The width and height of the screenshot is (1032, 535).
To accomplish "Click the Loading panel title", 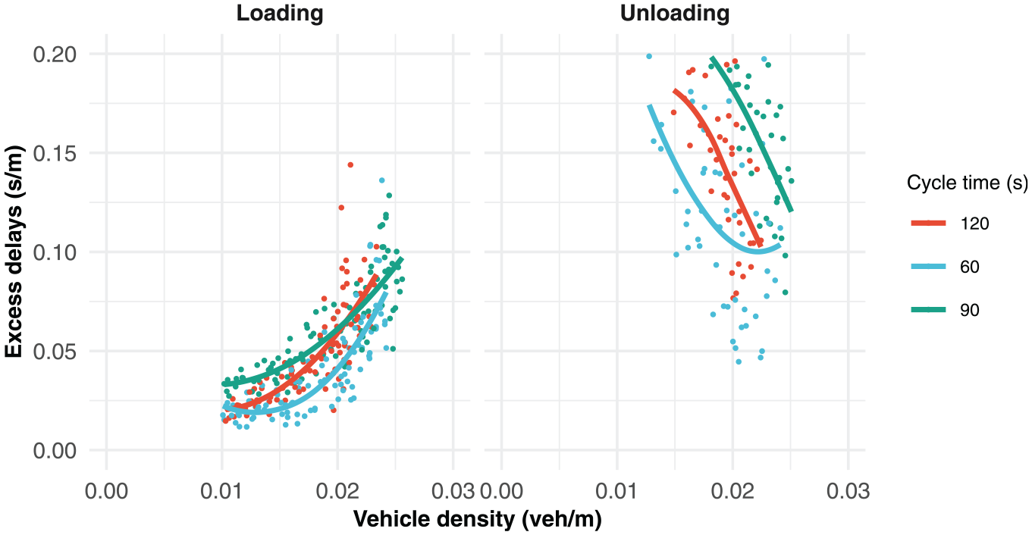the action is [x=280, y=14].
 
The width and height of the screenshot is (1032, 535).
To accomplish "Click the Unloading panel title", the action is [x=675, y=14].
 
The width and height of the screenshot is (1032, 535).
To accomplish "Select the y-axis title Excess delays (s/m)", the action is [x=14, y=252].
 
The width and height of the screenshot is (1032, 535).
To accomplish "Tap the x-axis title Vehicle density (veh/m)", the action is [x=478, y=519].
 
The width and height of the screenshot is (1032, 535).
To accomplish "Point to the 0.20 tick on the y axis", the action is [x=55, y=55].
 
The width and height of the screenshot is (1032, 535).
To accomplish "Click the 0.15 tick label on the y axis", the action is [x=55, y=153].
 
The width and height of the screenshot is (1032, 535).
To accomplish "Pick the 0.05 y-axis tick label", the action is [x=55, y=352].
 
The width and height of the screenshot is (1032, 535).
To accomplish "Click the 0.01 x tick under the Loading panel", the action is [x=221, y=491].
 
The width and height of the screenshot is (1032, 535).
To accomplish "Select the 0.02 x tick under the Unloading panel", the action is [x=732, y=491].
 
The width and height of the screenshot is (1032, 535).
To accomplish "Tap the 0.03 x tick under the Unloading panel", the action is [x=848, y=491].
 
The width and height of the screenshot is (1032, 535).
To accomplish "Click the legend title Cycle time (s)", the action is [x=967, y=183].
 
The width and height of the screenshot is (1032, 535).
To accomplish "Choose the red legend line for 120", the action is [x=928, y=224].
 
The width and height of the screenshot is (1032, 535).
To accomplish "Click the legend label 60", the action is [x=970, y=267].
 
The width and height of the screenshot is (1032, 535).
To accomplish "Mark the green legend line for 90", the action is [x=928, y=310].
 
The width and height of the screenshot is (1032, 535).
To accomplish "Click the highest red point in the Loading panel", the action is [x=350, y=165].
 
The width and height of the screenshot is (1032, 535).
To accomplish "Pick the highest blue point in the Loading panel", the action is [x=381, y=180].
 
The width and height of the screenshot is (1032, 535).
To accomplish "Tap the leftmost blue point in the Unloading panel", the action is [x=649, y=56].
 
